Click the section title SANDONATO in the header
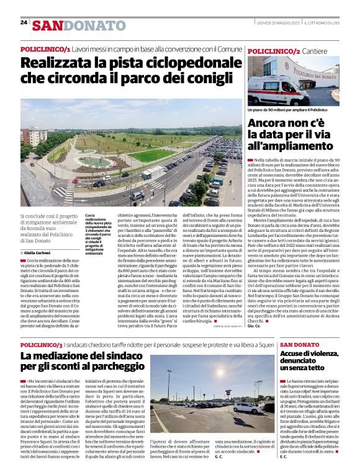coord(79,25)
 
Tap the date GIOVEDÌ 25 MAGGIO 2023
coord(277,23)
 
